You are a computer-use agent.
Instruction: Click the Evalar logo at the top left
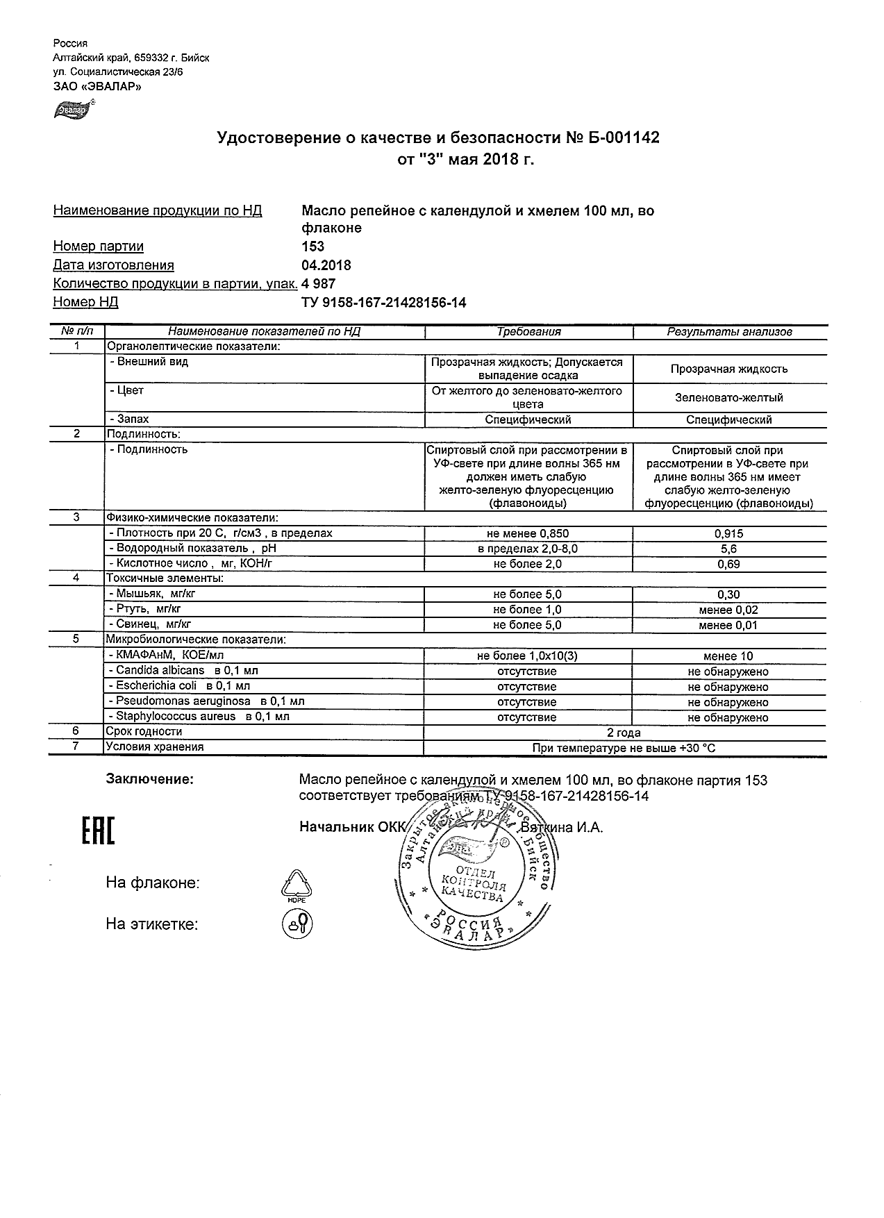click(72, 110)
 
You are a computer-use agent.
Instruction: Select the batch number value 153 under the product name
click(313, 247)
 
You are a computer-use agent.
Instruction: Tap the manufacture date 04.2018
click(326, 265)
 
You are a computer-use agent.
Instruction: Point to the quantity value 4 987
click(319, 284)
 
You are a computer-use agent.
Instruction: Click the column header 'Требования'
click(528, 332)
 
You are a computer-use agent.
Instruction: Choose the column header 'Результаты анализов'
click(729, 332)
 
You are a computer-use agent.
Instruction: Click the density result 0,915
click(728, 534)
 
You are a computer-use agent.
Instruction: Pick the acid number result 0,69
click(728, 565)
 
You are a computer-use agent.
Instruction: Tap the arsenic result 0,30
click(728, 594)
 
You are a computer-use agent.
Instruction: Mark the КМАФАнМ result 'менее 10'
click(728, 656)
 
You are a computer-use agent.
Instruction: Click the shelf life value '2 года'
click(624, 733)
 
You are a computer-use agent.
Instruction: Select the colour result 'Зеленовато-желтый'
click(728, 398)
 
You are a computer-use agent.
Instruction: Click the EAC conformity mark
click(98, 832)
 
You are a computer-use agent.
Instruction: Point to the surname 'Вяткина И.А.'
click(562, 827)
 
